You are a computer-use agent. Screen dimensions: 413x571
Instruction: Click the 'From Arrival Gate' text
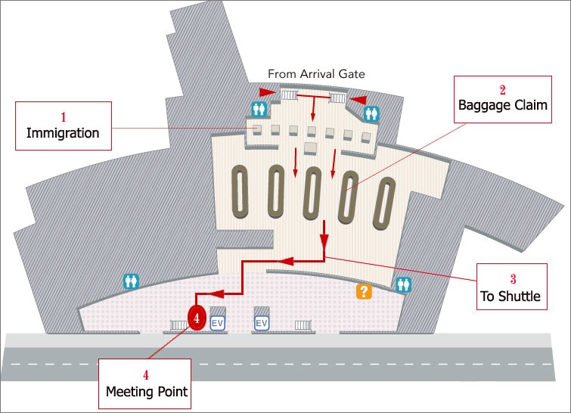tap(316, 74)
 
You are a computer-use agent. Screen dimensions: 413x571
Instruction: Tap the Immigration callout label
tap(64, 126)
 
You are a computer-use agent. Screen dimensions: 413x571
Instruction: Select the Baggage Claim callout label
tap(501, 99)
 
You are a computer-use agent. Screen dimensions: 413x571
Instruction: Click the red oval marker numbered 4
tap(196, 319)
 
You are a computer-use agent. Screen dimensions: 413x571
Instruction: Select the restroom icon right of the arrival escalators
tap(371, 113)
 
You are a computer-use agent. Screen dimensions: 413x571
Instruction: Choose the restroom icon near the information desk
tap(404, 284)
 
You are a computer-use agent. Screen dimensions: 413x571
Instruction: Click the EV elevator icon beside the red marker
tap(218, 323)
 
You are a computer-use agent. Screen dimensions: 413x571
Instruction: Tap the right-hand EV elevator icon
tap(262, 323)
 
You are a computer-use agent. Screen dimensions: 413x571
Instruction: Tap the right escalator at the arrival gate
tap(338, 97)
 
